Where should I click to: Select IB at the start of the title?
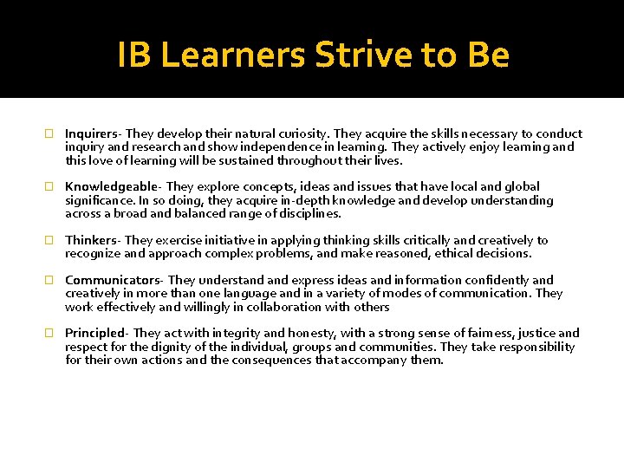click(x=135, y=55)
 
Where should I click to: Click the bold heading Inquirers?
click(x=91, y=133)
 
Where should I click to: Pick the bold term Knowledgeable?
click(x=112, y=186)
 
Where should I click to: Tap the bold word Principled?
click(x=95, y=333)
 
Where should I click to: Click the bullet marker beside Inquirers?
click(x=49, y=134)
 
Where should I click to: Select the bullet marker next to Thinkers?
click(x=49, y=241)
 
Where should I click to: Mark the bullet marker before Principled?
click(x=49, y=334)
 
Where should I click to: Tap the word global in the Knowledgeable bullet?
click(x=520, y=186)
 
